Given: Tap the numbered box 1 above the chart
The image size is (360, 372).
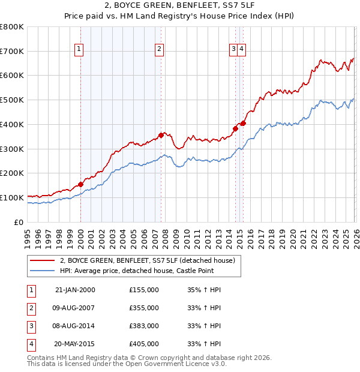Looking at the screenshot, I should point(80,50).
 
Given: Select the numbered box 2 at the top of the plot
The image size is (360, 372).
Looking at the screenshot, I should point(160,50).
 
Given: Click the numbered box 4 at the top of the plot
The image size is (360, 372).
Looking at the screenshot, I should point(241,50).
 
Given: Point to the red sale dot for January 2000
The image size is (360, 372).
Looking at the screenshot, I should point(80,184).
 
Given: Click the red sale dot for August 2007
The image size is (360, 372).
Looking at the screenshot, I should point(161,135).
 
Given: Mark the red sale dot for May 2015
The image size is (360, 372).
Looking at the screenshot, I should point(243,123).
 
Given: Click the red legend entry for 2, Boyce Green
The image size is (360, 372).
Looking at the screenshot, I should point(150,260).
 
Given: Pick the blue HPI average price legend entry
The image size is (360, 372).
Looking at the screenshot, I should point(149,271).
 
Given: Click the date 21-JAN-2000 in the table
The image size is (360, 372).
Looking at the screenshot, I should point(74,290).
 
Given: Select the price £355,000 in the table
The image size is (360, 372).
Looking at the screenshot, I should point(144,308).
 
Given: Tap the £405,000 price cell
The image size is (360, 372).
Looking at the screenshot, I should point(144,344).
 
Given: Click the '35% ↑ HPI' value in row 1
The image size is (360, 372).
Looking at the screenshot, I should point(205,290).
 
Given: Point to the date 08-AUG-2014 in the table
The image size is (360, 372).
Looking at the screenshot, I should point(74,326).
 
